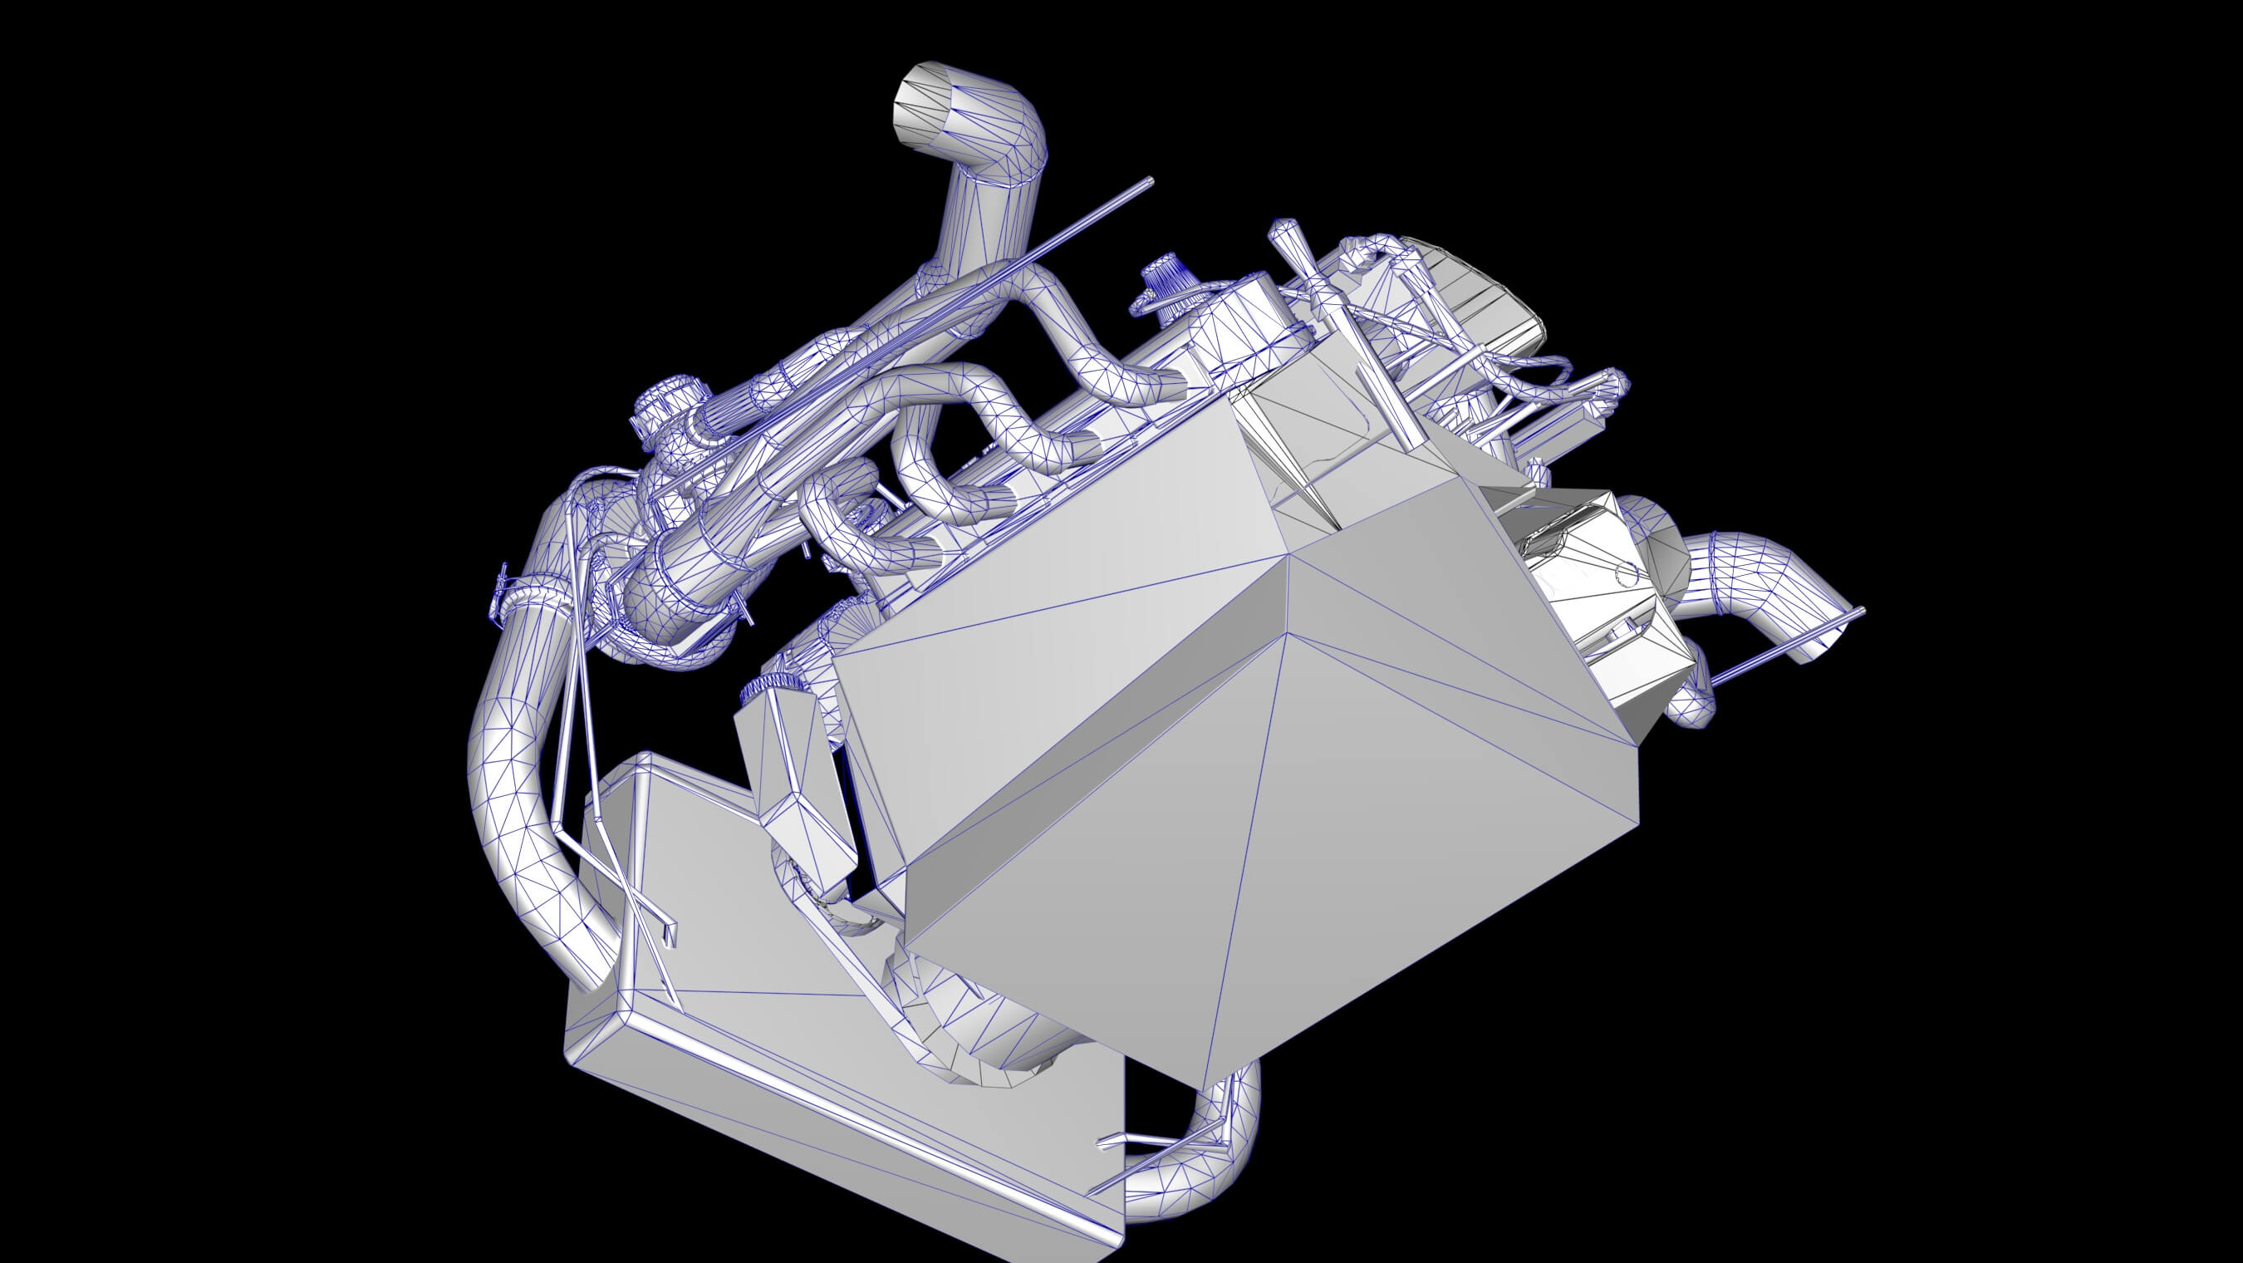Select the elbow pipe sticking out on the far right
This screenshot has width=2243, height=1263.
pyautogui.click(x=1750, y=592)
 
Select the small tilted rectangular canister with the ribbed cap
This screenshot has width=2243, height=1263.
pyautogui.click(x=797, y=784)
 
